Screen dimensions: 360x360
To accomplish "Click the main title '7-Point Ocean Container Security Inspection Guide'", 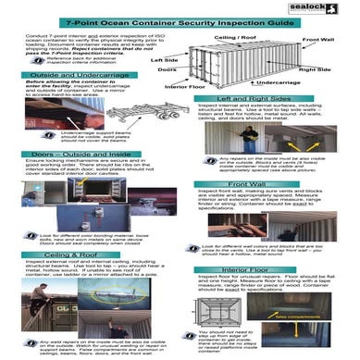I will coord(180,19).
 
